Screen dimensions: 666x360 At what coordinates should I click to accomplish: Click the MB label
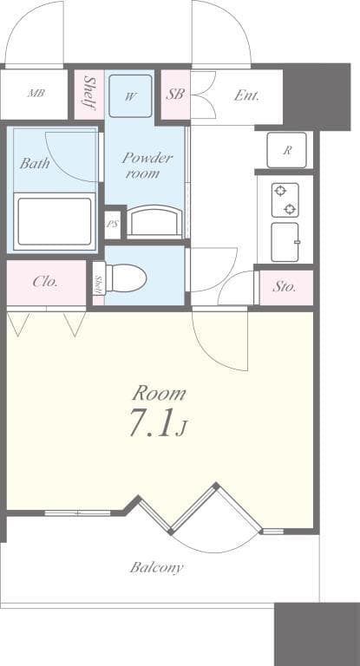pyautogui.click(x=36, y=94)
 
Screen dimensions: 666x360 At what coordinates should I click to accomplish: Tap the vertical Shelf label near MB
pyautogui.click(x=89, y=94)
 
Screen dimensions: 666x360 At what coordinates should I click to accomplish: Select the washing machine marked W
pyautogui.click(x=130, y=96)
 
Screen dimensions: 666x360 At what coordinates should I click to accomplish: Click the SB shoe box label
pyautogui.click(x=175, y=95)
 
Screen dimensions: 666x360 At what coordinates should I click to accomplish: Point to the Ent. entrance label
pyautogui.click(x=246, y=95)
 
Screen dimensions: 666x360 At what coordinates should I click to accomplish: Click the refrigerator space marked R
pyautogui.click(x=285, y=150)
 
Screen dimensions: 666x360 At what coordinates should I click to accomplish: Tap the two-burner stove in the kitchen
pyautogui.click(x=285, y=199)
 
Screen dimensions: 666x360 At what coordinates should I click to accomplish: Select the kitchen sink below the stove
pyautogui.click(x=285, y=242)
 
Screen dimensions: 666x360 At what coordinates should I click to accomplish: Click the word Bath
pyautogui.click(x=36, y=162)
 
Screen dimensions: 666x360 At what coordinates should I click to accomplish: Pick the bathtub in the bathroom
pyautogui.click(x=54, y=222)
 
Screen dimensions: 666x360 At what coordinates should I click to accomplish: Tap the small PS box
pyautogui.click(x=112, y=224)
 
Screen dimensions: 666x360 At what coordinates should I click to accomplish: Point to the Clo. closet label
pyautogui.click(x=45, y=282)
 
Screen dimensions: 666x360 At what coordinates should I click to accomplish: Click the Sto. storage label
pyautogui.click(x=285, y=286)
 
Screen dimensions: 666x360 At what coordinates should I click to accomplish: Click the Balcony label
pyautogui.click(x=156, y=568)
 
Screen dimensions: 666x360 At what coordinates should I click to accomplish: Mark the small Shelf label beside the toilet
pyautogui.click(x=99, y=284)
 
